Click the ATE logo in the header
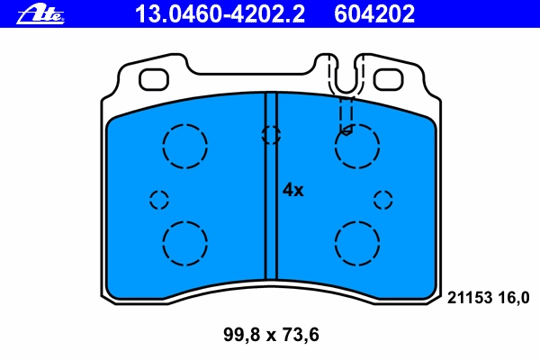(40, 14)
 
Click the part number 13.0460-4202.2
(220, 14)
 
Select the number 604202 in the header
(374, 14)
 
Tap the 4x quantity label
(293, 190)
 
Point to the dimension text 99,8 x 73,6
(271, 335)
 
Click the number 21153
(470, 298)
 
